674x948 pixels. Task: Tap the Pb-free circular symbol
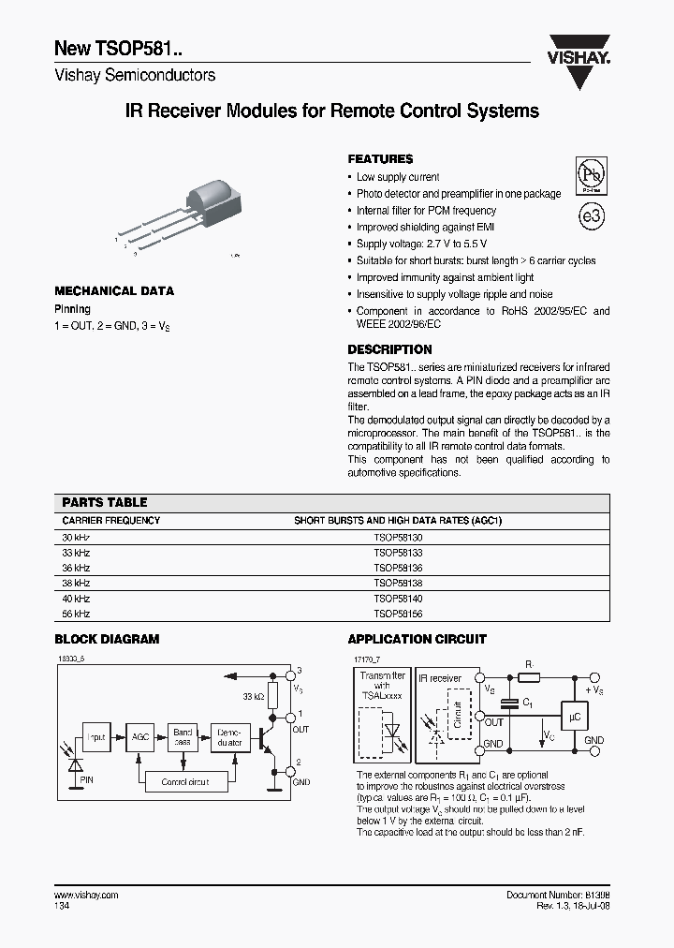(x=590, y=175)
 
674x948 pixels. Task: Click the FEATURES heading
(x=380, y=159)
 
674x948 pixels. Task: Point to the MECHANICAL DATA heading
(x=114, y=291)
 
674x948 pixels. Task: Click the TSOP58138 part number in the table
(x=398, y=583)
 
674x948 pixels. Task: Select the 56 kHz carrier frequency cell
(x=76, y=614)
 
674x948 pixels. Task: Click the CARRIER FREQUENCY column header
(x=110, y=520)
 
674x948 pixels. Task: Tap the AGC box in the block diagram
(x=140, y=737)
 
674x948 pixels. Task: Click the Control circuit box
(x=184, y=781)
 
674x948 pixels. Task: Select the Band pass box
(x=183, y=737)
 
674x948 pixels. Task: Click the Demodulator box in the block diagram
(x=229, y=737)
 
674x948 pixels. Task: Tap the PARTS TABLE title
(x=105, y=502)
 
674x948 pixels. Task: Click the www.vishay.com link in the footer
(x=86, y=896)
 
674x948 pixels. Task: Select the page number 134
(x=62, y=907)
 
